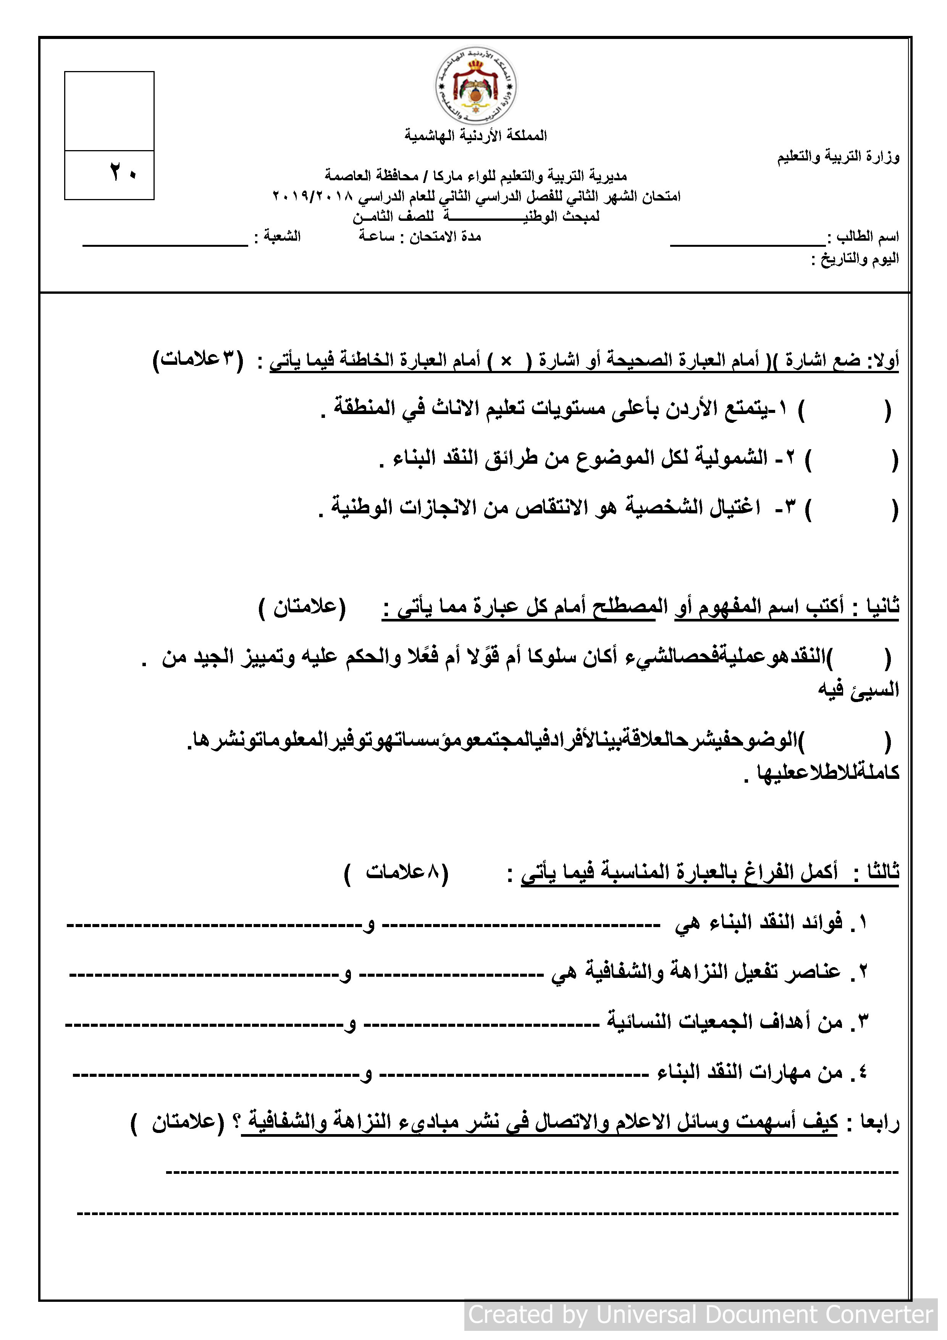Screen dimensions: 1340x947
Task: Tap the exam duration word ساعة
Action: point(377,236)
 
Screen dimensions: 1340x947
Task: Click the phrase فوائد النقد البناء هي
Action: point(758,923)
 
